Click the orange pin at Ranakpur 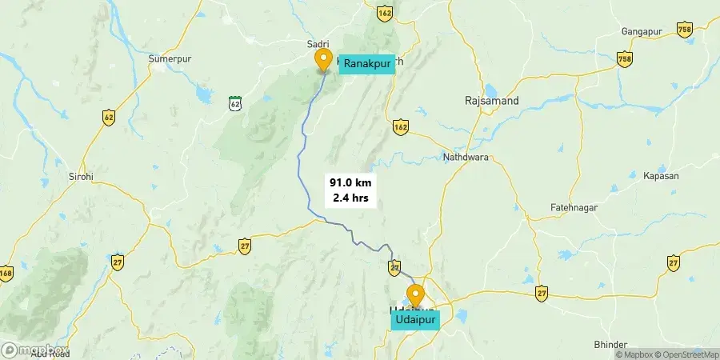[x=323, y=60]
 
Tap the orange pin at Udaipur [x=415, y=296]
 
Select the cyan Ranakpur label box [x=367, y=62]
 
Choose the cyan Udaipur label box [x=415, y=320]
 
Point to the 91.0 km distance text [x=350, y=182]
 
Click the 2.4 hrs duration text [x=350, y=198]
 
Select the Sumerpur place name [x=167, y=58]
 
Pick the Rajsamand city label [x=492, y=101]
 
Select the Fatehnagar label [x=574, y=208]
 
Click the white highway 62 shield [x=234, y=103]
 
